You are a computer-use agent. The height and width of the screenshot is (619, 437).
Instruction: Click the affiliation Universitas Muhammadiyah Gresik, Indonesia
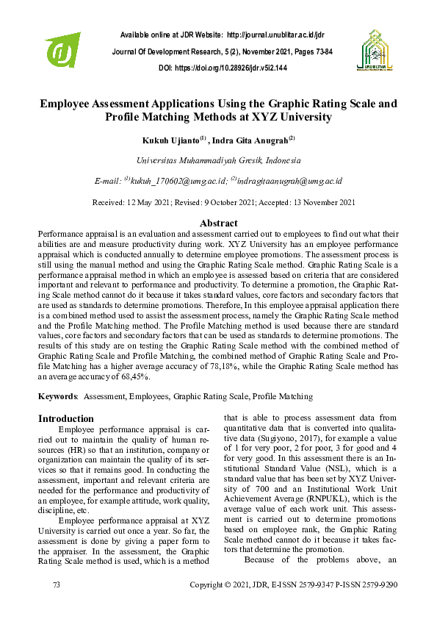coord(218,160)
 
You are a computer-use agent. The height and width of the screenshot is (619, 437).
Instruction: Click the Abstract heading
coord(218,223)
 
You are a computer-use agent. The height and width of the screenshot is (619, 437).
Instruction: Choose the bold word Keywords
coord(58,396)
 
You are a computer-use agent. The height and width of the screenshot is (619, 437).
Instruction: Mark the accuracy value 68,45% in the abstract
coord(130,376)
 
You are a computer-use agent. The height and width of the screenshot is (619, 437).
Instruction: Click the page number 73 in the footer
coord(57,584)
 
